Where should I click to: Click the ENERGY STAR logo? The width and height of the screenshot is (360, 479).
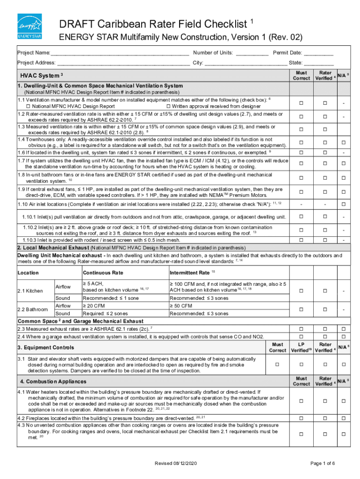pos(29,26)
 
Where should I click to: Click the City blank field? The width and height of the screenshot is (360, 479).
pos(246,63)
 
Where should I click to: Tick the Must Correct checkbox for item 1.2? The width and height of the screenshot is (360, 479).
pos(302,116)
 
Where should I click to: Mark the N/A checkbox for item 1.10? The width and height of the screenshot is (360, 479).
pos(344,204)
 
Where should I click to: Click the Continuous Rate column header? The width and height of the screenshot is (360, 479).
pos(103,272)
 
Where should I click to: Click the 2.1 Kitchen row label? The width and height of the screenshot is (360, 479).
pos(30,291)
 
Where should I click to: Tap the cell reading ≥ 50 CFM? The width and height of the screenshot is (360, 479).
pos(181,305)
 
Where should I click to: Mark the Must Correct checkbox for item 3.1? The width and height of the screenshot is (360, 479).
pos(277,364)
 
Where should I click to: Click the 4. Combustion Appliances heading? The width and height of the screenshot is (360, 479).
pos(52,381)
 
